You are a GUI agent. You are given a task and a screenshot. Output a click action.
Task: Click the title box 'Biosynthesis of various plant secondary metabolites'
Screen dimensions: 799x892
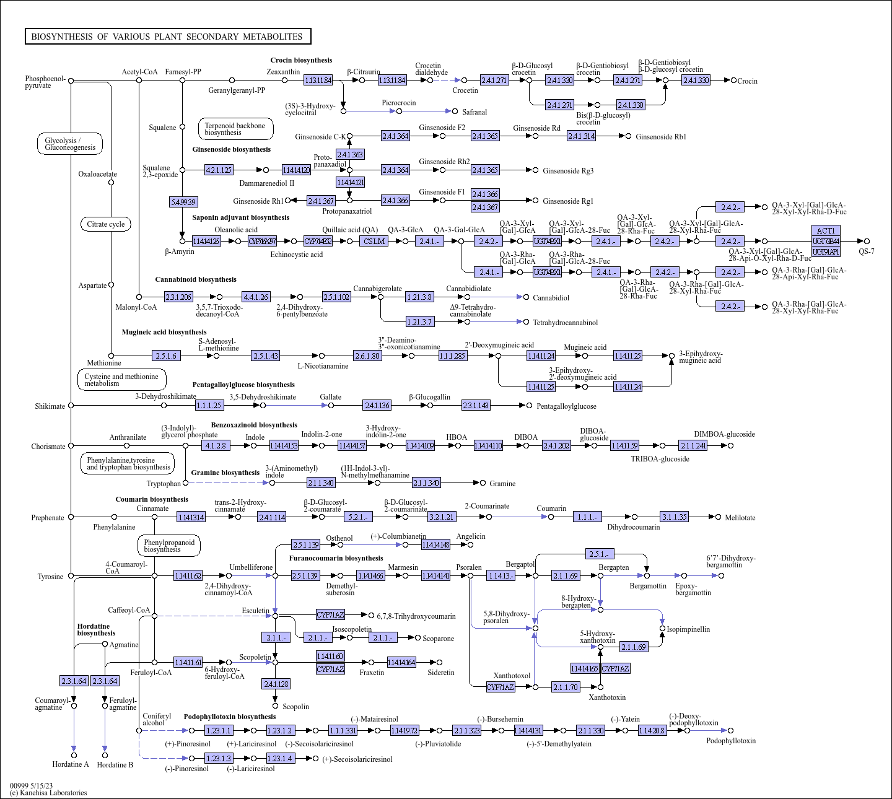click(x=167, y=37)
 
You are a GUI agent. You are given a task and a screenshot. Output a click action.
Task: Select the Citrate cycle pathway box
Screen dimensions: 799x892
click(x=106, y=224)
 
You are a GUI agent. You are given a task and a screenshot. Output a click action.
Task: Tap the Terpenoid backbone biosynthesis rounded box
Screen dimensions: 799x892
click(x=235, y=129)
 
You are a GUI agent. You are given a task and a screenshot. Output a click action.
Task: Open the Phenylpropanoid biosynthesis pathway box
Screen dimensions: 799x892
click(x=169, y=546)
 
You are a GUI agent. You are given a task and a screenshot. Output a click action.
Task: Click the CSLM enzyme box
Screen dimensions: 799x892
click(x=374, y=242)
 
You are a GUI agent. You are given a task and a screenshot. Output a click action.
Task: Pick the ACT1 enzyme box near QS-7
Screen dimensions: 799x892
click(x=826, y=231)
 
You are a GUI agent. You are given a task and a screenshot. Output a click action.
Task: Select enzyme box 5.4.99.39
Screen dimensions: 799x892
click(x=183, y=202)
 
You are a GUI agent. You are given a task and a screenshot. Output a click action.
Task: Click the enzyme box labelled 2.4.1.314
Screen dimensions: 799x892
click(x=581, y=136)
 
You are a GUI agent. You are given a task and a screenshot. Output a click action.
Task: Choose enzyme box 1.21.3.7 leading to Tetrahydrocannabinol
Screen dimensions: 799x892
click(x=419, y=322)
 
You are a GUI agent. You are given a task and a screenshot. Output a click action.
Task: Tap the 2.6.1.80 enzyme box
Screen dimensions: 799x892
click(x=367, y=356)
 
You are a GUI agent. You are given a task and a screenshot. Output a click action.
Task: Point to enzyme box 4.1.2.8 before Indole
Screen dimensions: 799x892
click(x=216, y=446)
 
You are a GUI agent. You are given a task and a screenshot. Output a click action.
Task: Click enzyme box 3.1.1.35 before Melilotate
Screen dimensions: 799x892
click(x=674, y=517)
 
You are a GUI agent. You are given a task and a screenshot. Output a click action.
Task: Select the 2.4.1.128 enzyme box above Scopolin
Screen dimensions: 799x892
click(x=276, y=684)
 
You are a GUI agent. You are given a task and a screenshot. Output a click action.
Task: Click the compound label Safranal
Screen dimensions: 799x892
click(x=474, y=112)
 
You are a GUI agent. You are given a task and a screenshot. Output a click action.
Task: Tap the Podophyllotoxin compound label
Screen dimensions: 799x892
click(x=731, y=741)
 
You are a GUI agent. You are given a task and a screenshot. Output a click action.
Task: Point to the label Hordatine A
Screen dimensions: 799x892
click(x=71, y=764)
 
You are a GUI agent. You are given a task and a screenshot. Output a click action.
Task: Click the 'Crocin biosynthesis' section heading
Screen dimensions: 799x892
click(x=301, y=60)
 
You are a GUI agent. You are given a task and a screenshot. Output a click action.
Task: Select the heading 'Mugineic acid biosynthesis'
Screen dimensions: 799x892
click(x=164, y=332)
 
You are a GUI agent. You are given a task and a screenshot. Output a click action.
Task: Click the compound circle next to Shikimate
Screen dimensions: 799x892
click(x=71, y=406)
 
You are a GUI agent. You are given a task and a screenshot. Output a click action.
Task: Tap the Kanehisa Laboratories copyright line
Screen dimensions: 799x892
click(x=48, y=793)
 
